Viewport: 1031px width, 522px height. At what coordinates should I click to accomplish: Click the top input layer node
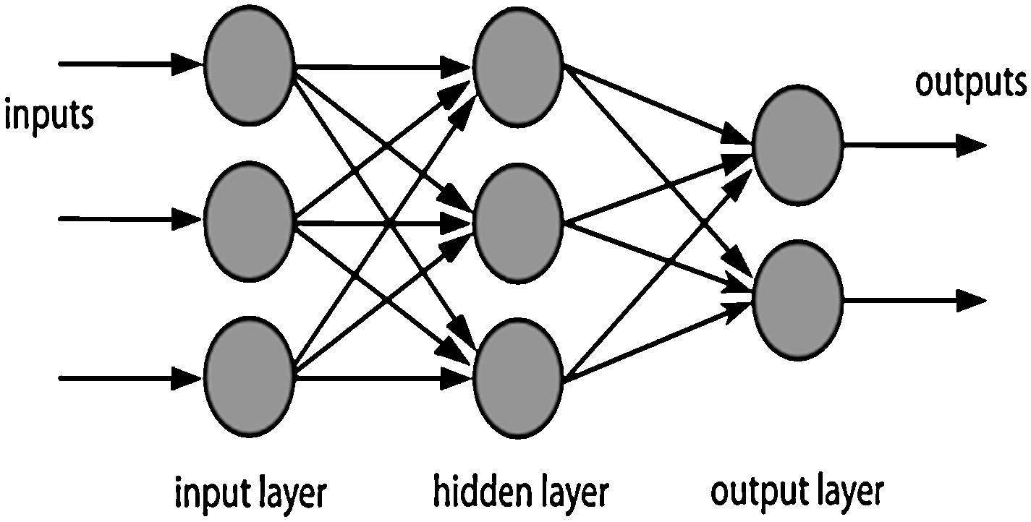click(x=249, y=63)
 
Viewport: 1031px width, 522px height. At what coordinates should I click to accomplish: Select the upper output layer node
click(x=797, y=145)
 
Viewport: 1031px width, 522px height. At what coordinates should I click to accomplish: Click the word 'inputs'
click(x=49, y=116)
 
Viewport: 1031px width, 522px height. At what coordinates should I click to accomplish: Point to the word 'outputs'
click(x=971, y=82)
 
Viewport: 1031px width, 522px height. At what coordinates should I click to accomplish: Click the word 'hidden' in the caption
click(x=474, y=492)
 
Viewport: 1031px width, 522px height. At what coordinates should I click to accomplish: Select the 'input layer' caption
click(x=250, y=494)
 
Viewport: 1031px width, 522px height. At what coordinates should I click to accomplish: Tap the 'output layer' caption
click(x=797, y=492)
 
